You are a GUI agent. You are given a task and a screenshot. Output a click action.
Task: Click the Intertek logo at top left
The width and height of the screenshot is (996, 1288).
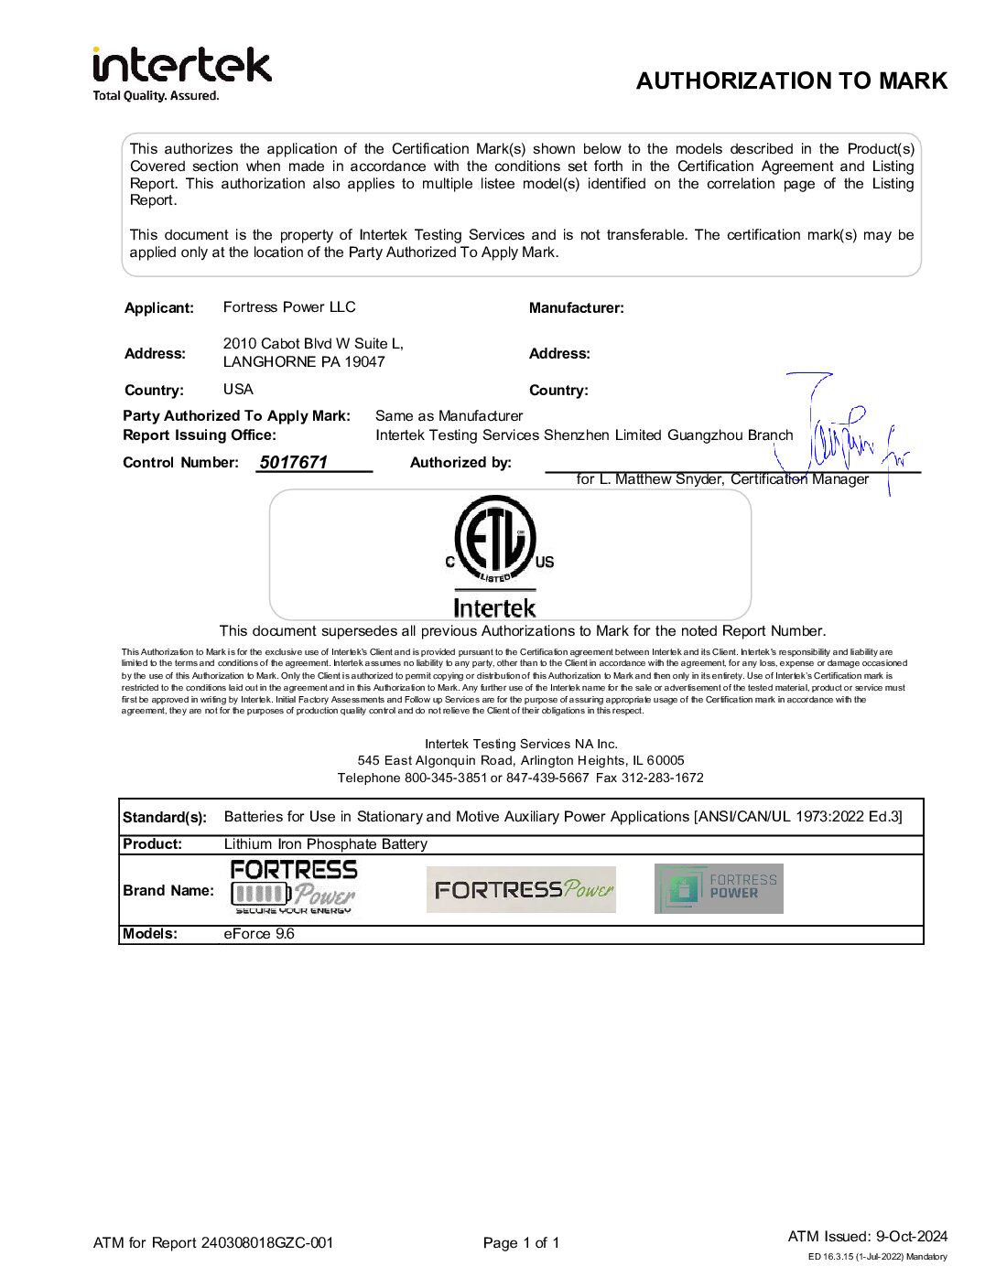[x=182, y=66]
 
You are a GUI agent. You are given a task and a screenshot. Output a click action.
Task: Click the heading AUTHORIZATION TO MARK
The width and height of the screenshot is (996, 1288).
[x=791, y=81]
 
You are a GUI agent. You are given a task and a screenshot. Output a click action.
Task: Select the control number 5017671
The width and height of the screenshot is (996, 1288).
[x=293, y=463]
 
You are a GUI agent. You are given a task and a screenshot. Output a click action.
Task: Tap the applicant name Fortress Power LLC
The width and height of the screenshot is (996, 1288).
[x=289, y=307]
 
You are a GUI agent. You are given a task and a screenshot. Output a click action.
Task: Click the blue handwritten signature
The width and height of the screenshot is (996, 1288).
[x=847, y=439]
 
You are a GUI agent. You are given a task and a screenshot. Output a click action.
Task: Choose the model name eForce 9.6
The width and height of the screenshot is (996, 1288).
[x=259, y=934]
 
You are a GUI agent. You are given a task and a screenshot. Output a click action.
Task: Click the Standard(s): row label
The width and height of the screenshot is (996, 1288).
[x=165, y=818]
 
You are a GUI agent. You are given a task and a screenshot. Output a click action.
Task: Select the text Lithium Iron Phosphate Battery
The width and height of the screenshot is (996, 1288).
[x=325, y=844]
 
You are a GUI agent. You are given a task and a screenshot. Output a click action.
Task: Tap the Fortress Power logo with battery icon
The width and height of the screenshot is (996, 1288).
[x=294, y=886]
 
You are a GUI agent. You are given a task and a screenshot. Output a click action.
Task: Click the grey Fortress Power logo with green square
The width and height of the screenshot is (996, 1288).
[x=719, y=888]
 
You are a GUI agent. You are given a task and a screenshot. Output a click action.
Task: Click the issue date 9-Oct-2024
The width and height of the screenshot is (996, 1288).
[x=911, y=1237]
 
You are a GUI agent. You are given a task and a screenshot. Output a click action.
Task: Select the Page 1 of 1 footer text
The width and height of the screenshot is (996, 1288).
[x=521, y=1243]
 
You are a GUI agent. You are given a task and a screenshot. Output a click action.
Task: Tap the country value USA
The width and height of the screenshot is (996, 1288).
[x=238, y=390]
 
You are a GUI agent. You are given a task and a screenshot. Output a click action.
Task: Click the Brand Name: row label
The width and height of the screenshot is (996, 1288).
[x=168, y=891]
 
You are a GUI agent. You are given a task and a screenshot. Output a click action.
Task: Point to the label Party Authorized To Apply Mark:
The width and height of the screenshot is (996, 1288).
[x=236, y=416]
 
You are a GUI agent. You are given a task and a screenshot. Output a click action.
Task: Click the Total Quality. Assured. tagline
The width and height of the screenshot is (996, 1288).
[x=157, y=96]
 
